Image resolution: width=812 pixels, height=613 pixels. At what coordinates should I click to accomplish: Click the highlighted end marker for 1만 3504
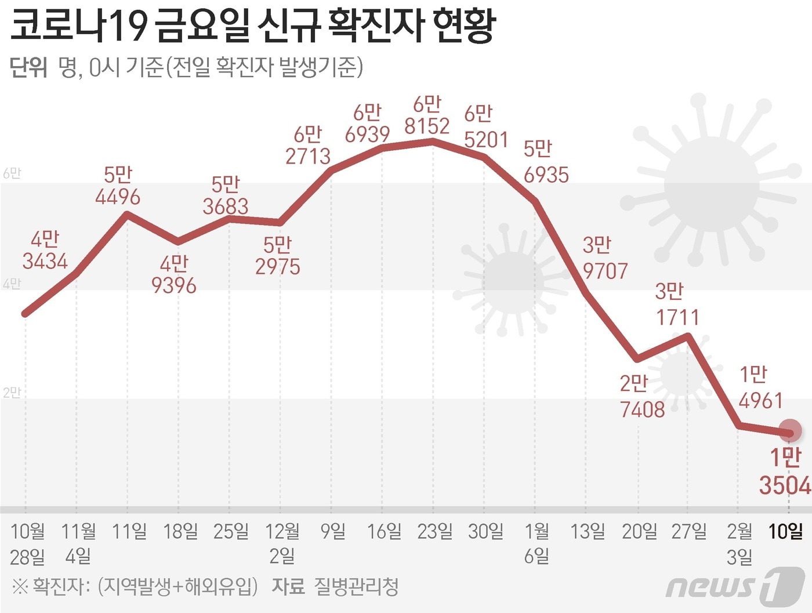[789, 431]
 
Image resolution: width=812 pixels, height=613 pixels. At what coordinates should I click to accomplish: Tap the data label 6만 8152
[427, 115]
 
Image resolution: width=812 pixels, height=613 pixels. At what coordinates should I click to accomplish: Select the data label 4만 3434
[45, 250]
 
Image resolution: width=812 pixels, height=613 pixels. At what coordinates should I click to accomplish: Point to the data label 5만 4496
[118, 186]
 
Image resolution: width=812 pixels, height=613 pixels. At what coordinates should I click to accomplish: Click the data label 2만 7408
[642, 397]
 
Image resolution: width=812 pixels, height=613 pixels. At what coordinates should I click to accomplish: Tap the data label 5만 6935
[546, 162]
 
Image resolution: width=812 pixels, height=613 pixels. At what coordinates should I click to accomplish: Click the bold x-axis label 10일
[785, 531]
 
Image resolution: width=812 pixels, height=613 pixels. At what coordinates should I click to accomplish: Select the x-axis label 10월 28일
[28, 543]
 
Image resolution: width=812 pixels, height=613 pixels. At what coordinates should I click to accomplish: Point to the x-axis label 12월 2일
[282, 543]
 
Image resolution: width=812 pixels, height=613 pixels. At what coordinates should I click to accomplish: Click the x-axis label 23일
[434, 531]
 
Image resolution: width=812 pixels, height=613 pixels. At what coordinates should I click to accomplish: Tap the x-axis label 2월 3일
[739, 543]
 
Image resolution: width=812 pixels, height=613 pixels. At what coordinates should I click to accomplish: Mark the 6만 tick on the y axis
[12, 173]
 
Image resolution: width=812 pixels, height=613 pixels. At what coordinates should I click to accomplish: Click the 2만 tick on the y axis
[12, 393]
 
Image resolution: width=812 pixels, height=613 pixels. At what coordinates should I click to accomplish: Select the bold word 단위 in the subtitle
[28, 68]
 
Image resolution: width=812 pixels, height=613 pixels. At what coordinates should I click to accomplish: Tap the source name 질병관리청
[356, 587]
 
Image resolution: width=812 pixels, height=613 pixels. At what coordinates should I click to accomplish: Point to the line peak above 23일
[433, 141]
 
